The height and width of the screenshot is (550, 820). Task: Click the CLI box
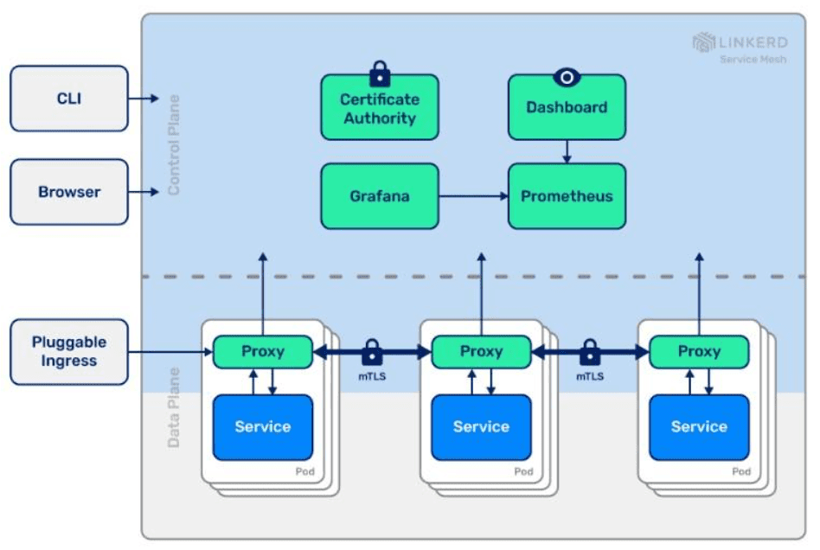69,99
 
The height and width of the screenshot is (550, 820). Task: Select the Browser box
69,192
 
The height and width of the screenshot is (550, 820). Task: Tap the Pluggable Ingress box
69,351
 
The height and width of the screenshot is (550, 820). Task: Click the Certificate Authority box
380,108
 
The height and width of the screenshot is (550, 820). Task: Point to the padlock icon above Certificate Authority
380,71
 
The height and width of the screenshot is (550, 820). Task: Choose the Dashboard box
567,108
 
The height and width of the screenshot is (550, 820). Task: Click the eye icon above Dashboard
567,77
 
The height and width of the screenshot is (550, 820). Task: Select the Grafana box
380,196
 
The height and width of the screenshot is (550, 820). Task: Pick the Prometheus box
567,196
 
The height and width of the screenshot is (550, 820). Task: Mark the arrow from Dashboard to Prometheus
567,151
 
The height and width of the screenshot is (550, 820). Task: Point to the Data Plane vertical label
174,407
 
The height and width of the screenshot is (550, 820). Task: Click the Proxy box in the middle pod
481,352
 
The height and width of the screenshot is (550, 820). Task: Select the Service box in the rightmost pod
699,427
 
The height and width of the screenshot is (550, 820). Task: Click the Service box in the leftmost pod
263,427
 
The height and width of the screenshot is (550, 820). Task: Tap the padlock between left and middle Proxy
372,352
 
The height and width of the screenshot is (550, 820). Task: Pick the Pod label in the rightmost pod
741,472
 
